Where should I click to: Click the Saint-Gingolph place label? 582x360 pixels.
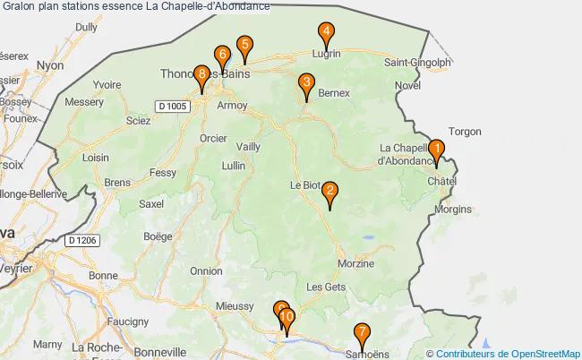[x=416, y=63]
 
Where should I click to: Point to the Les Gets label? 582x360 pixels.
[x=325, y=287]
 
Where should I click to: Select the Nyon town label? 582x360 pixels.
[x=50, y=65]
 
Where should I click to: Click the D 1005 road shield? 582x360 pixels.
[x=173, y=107]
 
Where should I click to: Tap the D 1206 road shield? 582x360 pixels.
[x=81, y=240]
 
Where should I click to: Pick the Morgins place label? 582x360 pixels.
[x=452, y=209]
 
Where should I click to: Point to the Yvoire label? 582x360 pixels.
[x=107, y=84]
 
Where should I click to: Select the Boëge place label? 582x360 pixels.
[x=157, y=237]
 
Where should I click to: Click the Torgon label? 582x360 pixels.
[x=465, y=131]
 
